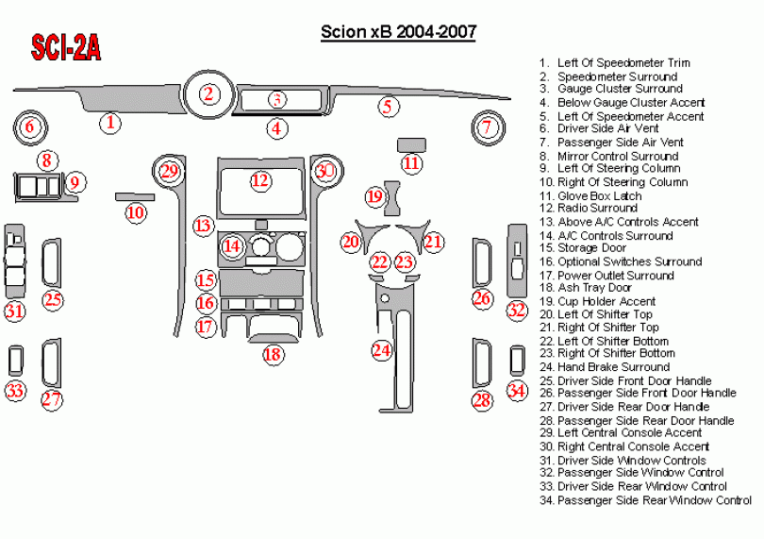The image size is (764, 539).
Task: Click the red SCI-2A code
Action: (x=66, y=48)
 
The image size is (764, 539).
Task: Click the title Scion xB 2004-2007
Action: (x=398, y=33)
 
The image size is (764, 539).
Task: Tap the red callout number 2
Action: (x=209, y=93)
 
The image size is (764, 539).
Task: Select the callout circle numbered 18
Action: (x=272, y=354)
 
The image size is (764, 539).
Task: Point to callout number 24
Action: (x=381, y=350)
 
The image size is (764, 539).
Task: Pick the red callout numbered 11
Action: (x=411, y=163)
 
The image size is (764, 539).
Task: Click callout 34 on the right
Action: (x=516, y=390)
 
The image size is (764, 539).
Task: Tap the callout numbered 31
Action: (x=14, y=311)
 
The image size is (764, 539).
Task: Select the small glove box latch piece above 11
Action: (x=411, y=143)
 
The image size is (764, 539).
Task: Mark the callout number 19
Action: (x=375, y=196)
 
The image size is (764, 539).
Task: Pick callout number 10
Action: (x=136, y=212)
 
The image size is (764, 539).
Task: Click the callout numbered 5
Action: (x=386, y=106)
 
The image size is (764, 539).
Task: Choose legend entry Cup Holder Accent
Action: (x=606, y=301)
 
